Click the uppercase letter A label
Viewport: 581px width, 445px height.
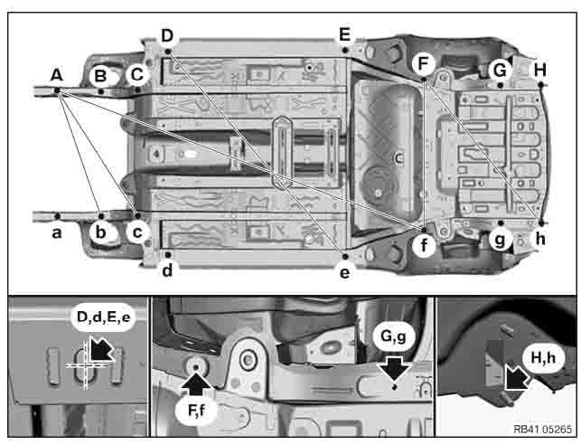click(56, 77)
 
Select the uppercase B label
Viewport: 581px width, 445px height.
click(100, 75)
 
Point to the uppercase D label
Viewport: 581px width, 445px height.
click(166, 35)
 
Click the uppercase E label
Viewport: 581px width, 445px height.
click(343, 35)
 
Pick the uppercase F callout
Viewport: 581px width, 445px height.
click(423, 62)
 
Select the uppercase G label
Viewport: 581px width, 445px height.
click(498, 69)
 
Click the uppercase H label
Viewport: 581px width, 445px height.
click(539, 69)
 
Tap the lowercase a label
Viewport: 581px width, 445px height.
click(56, 232)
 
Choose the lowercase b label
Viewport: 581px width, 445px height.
click(101, 232)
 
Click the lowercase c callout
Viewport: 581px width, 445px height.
click(136, 232)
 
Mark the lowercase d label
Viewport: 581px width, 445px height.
click(168, 269)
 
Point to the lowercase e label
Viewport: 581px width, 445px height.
click(344, 269)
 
